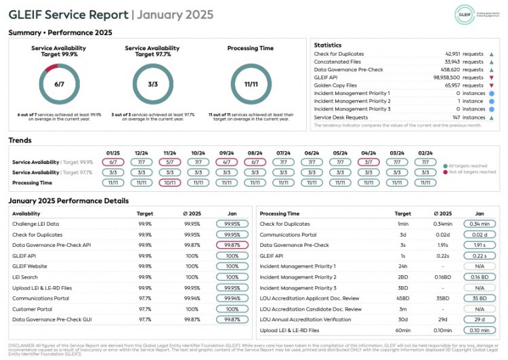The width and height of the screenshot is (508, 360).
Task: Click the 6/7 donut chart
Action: pos(60,84)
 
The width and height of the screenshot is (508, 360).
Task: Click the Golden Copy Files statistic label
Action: pos(337,85)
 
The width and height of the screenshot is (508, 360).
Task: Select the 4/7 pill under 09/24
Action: pos(227,162)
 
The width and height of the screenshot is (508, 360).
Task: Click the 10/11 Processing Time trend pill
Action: pos(170,182)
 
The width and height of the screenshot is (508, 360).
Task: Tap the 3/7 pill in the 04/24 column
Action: pos(368,162)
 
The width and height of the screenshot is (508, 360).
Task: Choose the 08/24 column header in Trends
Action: pos(255,153)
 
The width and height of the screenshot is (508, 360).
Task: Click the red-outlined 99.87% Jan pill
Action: pos(232,245)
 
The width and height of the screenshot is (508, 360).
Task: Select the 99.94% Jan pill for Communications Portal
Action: pos(232,298)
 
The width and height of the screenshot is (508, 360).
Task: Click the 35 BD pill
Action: pos(480,298)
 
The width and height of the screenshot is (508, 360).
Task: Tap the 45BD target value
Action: pos(403,298)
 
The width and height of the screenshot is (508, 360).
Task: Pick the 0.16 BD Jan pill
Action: pos(480,277)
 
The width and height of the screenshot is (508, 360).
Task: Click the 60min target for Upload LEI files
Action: pos(403,329)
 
